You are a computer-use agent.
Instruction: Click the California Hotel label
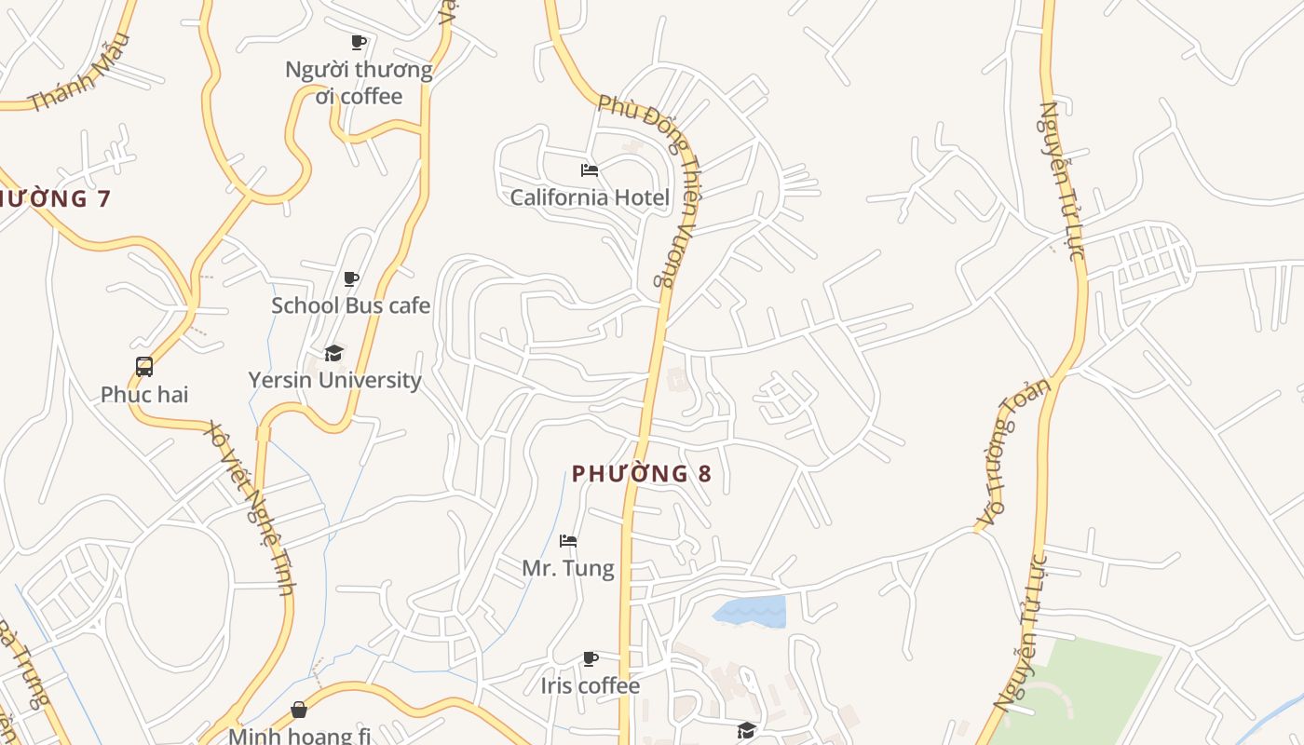[589, 197]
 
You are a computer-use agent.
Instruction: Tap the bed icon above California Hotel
[589, 170]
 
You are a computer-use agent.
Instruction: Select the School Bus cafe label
[350, 305]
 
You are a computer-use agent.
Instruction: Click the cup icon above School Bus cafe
[351, 278]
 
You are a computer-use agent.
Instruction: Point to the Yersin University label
[334, 380]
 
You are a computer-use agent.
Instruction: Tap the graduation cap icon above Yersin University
[333, 353]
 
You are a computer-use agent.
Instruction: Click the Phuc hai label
[144, 394]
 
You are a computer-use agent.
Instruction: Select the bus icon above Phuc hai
[144, 367]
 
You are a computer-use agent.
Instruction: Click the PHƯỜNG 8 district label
[642, 474]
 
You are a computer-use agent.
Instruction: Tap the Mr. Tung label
[568, 568]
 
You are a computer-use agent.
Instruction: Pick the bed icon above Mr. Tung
[568, 541]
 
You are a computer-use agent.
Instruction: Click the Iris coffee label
[591, 686]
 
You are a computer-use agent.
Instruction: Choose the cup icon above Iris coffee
[591, 659]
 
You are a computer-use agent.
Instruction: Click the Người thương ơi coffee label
[359, 83]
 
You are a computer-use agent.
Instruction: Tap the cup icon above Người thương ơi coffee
[359, 42]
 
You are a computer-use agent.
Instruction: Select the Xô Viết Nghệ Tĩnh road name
[252, 508]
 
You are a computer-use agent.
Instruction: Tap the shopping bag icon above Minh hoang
[299, 710]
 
